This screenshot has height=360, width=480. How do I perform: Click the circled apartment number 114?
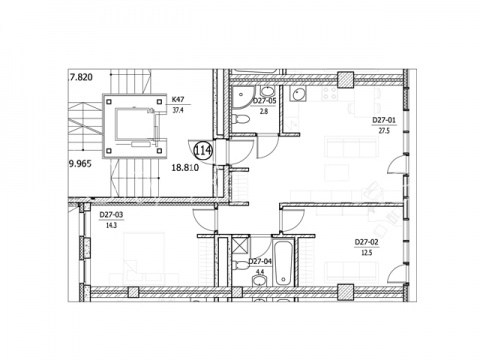point(203,151)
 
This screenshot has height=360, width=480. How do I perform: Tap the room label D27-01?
point(384,120)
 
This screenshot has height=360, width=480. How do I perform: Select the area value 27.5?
point(384,131)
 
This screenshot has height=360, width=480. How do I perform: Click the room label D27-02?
point(366,242)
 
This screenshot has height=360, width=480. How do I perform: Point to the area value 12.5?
point(366,253)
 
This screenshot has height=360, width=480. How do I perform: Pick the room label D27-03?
point(111,215)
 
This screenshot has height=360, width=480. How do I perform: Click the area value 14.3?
point(111,225)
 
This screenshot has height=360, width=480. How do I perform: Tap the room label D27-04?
point(260,262)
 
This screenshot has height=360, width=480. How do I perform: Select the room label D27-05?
point(265,101)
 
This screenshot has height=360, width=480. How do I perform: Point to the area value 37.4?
point(178,110)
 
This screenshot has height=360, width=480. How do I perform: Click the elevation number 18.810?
point(185,167)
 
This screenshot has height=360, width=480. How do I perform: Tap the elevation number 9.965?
point(80,164)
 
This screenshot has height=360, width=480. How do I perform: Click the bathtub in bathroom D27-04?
point(283,263)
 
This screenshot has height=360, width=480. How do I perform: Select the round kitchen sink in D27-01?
point(297,94)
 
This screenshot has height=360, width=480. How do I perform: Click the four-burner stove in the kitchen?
point(330,93)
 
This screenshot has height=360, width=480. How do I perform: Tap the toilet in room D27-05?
point(240,119)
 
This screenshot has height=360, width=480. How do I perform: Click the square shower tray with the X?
point(240,244)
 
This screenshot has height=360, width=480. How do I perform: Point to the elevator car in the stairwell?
point(135,124)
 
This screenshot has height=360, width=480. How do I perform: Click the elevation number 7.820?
point(80,77)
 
